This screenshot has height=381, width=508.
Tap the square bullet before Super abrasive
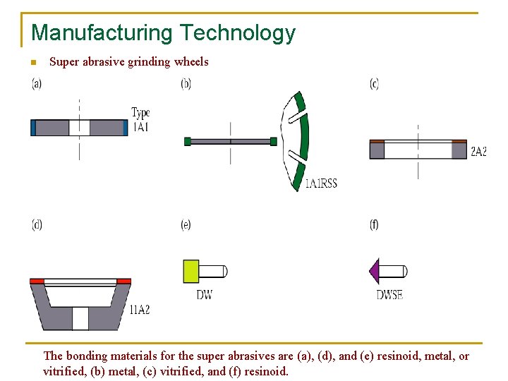32,63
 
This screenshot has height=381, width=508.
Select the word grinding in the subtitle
147,62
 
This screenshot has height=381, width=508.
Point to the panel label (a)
37,83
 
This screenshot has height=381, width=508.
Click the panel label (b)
186,83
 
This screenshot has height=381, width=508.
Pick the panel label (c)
374,83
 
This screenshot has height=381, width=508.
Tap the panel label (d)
37,224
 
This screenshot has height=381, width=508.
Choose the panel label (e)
186,224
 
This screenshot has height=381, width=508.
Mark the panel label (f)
374,224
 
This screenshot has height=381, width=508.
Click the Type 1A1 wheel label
140,120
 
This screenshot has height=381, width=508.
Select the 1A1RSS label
321,183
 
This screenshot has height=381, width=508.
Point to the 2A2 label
478,151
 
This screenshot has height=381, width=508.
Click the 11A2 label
140,309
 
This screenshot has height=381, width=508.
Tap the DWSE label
389,295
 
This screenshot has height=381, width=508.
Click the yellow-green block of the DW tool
190,271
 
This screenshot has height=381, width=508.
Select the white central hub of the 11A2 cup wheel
80,318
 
